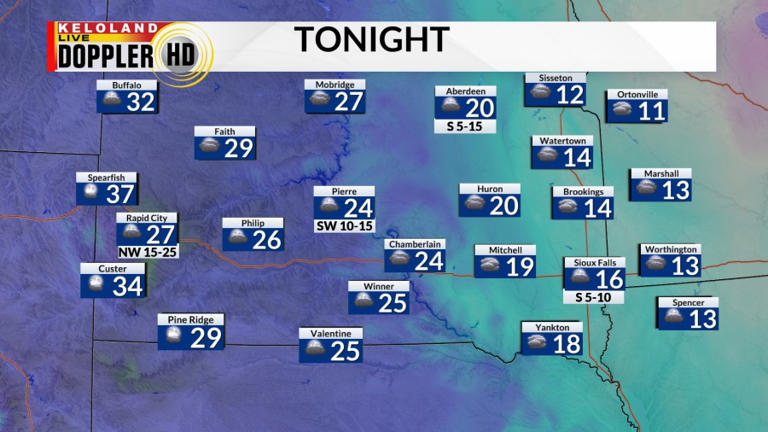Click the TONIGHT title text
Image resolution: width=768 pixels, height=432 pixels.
click(371, 40)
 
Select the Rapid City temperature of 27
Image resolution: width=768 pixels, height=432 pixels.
click(160, 235)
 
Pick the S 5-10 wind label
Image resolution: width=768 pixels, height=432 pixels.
click(593, 297)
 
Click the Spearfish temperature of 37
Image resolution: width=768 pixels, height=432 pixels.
click(120, 194)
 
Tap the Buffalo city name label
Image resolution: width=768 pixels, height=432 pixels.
click(127, 85)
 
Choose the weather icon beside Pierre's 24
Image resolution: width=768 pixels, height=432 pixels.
click(328, 207)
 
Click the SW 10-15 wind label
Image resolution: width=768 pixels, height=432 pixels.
click(344, 226)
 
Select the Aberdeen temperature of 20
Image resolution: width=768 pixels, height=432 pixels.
click(480, 108)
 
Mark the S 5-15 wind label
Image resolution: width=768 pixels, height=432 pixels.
click(466, 127)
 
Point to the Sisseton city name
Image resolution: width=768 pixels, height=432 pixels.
click(556, 78)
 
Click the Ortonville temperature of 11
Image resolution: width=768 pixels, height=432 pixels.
click(651, 111)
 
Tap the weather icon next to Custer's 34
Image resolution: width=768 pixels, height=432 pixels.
click(96, 285)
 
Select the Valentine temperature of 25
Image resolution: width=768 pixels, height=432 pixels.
click(345, 351)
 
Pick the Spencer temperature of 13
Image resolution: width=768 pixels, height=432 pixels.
click(703, 319)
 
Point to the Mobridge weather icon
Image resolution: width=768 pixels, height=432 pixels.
click(319, 101)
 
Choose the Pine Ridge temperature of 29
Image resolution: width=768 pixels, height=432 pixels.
click(205, 338)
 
